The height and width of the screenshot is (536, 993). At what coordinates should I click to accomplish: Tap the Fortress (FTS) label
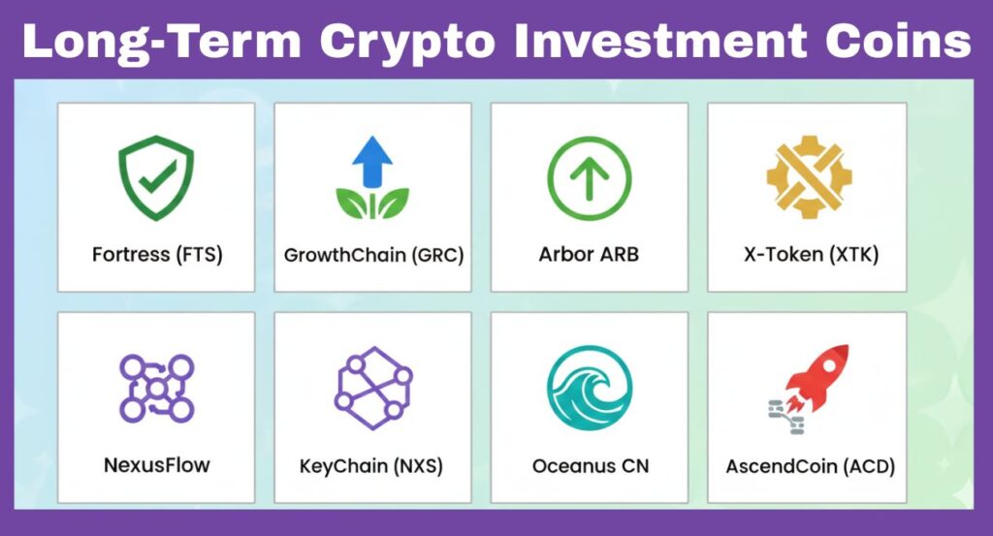click(x=157, y=256)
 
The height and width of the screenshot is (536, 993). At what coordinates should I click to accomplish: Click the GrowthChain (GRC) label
click(x=373, y=256)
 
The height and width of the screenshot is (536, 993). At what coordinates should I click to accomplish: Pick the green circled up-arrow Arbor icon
click(x=589, y=177)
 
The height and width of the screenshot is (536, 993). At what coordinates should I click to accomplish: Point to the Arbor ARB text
click(x=589, y=256)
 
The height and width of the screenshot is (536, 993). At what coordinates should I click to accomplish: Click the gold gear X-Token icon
click(x=808, y=177)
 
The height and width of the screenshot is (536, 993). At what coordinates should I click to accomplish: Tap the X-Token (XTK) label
click(x=808, y=256)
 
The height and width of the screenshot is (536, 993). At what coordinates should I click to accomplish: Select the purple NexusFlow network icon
click(x=156, y=388)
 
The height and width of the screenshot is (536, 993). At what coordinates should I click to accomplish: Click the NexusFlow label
click(x=156, y=465)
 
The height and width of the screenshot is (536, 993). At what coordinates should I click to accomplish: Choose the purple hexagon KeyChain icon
click(x=373, y=388)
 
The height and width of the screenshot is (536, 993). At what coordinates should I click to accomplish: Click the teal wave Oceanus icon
click(x=589, y=388)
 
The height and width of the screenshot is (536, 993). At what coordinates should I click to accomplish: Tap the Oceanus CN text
click(x=590, y=466)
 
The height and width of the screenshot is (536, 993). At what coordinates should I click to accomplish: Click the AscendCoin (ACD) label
click(x=810, y=466)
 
